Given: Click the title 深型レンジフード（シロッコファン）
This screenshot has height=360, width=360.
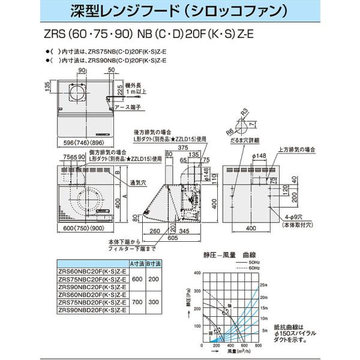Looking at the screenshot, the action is [x=180, y=11].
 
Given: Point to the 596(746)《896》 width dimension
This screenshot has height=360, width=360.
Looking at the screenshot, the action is [x=84, y=142].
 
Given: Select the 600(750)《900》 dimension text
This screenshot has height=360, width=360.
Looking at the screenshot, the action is [x=85, y=232].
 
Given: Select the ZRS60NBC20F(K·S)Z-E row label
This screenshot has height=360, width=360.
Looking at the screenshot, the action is [x=92, y=270].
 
